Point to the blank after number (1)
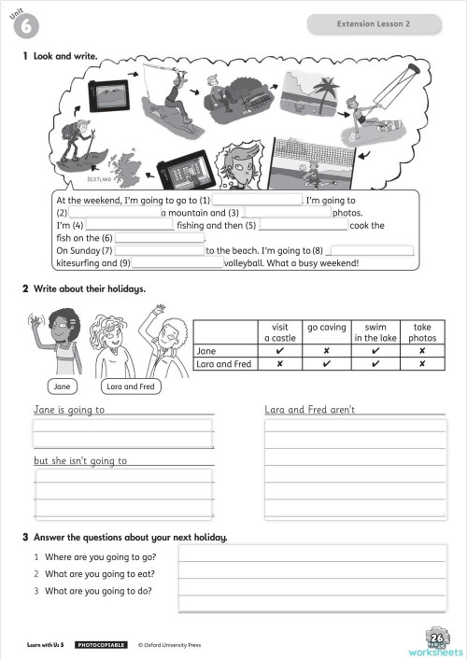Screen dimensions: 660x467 point(257,200)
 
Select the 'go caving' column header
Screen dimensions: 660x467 point(326,328)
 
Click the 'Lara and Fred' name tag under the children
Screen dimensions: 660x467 point(131,386)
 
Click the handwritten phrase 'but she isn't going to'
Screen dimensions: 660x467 point(80,461)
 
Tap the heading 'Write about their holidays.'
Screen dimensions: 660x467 point(90,289)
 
